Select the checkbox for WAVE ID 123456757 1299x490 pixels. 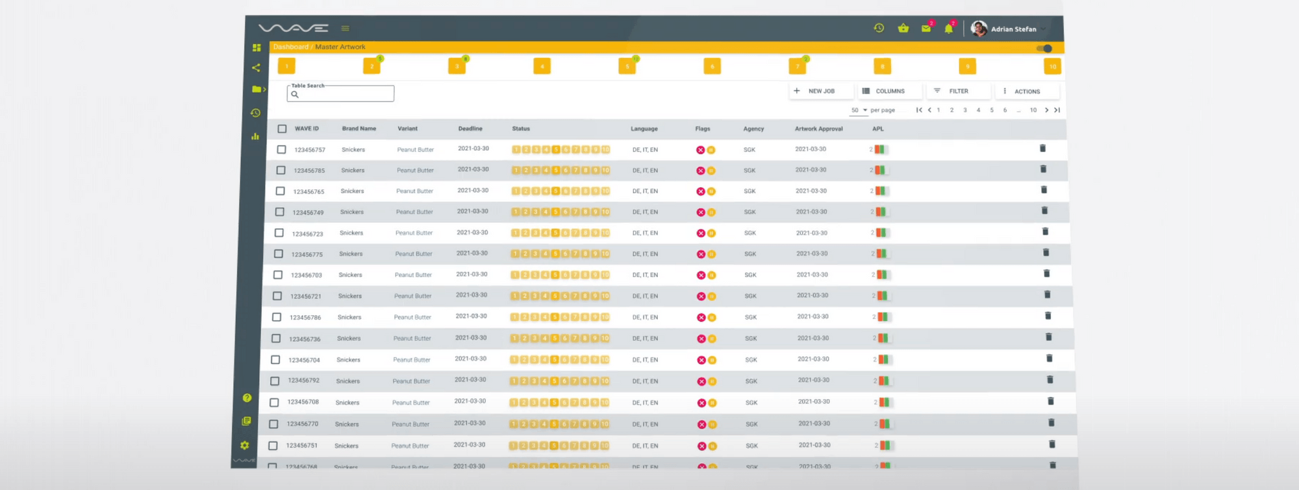click(281, 149)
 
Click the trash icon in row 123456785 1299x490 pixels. click(1043, 169)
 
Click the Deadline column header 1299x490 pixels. click(470, 129)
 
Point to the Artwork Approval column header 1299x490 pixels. click(818, 129)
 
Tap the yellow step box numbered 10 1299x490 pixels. click(1052, 66)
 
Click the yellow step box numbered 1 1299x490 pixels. click(286, 66)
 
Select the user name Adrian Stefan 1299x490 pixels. click(1013, 29)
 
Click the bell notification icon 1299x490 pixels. click(948, 29)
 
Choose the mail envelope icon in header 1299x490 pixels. click(926, 29)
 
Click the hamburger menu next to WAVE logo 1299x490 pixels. click(345, 29)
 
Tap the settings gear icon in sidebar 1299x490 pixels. click(244, 445)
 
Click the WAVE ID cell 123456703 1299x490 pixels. click(306, 276)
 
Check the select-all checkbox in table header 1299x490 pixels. click(282, 129)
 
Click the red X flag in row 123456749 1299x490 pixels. click(700, 213)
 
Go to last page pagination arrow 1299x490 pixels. click(1057, 110)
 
